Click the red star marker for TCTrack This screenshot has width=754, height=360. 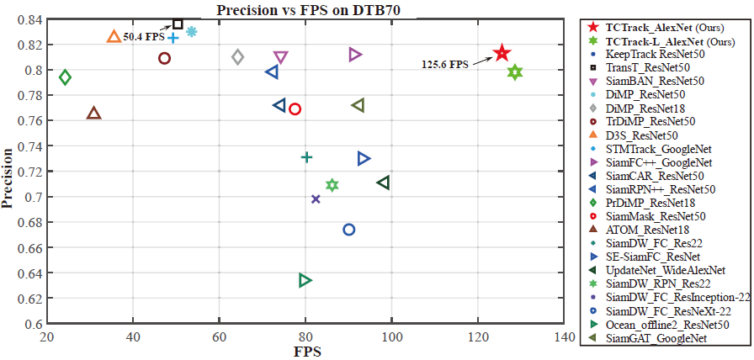(502, 53)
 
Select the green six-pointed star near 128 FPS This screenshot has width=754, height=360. (515, 72)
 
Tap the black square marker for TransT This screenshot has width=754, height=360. (178, 24)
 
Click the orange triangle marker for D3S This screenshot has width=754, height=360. (114, 37)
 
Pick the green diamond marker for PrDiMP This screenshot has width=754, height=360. (65, 77)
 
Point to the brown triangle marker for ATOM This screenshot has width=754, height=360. (93, 113)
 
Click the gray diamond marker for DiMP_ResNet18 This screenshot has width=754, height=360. (238, 57)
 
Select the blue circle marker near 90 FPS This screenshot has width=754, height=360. (349, 230)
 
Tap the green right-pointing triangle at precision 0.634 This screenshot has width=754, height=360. (305, 280)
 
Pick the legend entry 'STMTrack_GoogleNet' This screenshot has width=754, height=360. (655, 149)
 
